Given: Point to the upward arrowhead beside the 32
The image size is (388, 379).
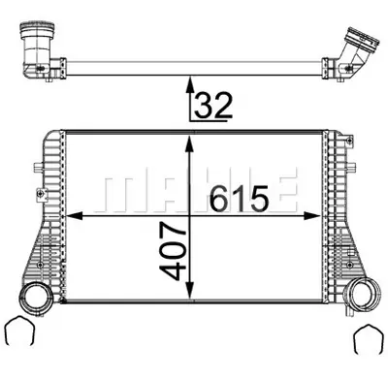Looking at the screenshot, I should click(x=190, y=88).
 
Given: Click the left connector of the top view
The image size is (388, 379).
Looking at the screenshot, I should click(x=38, y=47).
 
